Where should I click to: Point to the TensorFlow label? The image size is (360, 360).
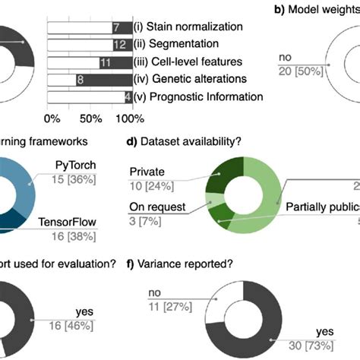pos(82,223)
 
